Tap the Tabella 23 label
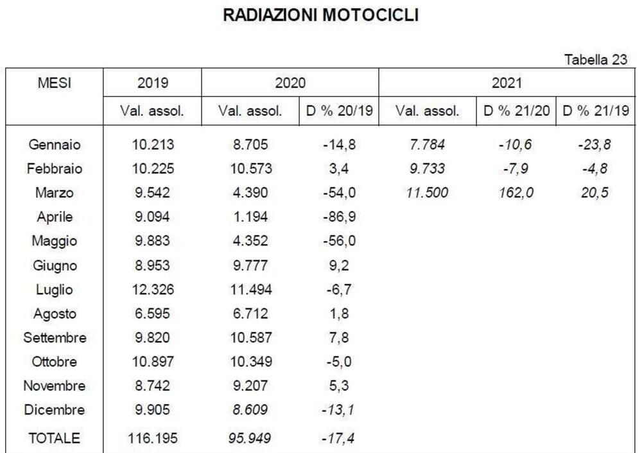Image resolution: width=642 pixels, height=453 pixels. coord(595,60)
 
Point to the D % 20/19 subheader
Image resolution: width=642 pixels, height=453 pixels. coord(338,111)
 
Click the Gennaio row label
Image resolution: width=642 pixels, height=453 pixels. coord(55,145)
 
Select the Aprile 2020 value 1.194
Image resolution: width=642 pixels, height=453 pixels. coord(251,217)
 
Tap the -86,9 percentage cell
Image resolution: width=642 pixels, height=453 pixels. coord(338,217)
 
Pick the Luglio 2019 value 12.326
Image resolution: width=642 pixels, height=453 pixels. coord(153,290)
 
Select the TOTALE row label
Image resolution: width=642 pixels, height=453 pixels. coord(55,438)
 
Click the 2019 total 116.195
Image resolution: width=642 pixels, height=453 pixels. coord(153,438)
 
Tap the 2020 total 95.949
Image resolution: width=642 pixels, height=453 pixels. coord(251,438)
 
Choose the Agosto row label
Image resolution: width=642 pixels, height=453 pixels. coord(55,314)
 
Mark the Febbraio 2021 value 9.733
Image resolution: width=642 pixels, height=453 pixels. coord(427,169)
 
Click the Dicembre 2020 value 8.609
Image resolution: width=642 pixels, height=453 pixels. coord(251,410)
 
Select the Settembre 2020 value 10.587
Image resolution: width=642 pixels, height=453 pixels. coord(251,338)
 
